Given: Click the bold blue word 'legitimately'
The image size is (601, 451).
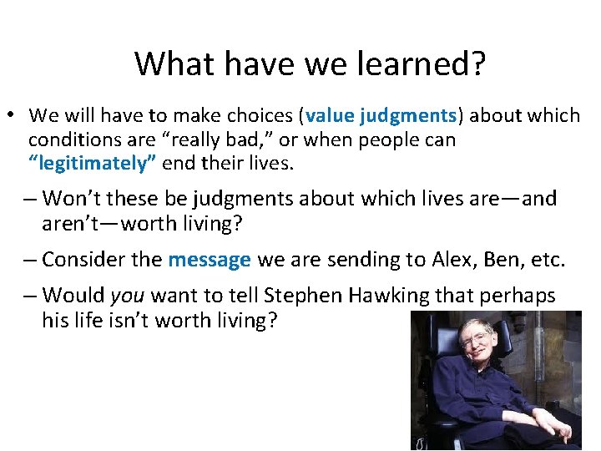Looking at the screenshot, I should point(93,163).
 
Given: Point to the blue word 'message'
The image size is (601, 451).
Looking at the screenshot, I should point(210,260).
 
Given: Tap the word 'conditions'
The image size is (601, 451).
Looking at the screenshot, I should point(66,139).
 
